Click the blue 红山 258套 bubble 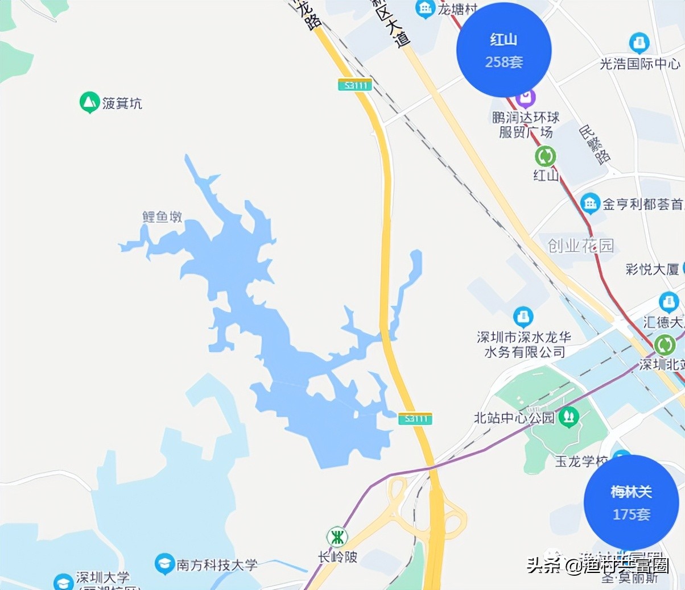tap(504, 50)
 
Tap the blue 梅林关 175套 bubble tap(631, 502)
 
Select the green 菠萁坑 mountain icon tap(89, 102)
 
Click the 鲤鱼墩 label tap(162, 217)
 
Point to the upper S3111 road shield tap(355, 85)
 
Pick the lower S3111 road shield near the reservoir tap(415, 418)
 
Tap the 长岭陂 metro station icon tap(337, 537)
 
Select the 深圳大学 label tap(103, 578)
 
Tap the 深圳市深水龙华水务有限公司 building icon tap(523, 317)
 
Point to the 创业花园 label tap(580, 246)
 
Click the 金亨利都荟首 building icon tap(590, 203)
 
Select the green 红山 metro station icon tap(545, 156)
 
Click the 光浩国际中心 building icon tap(639, 43)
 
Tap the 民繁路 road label tap(595, 144)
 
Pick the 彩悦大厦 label tap(652, 269)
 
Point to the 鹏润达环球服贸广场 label tap(526, 124)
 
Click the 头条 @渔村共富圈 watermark tap(597, 565)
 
